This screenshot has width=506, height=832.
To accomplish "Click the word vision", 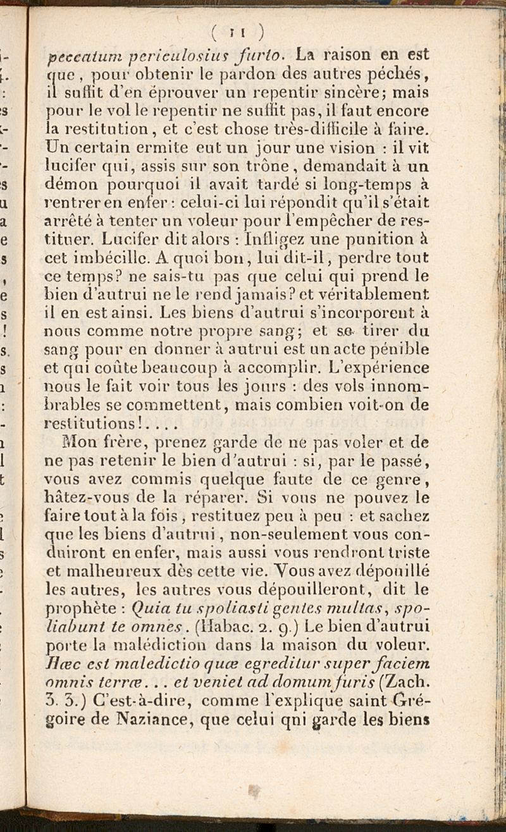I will [x=356, y=150].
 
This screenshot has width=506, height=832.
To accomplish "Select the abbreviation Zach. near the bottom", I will [x=411, y=682].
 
